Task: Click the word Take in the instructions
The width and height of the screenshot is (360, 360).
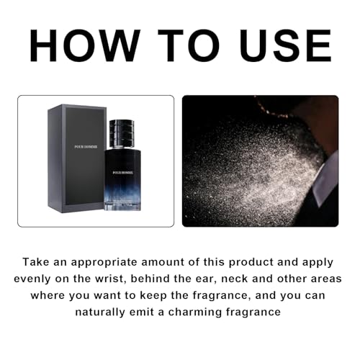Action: (37, 262)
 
